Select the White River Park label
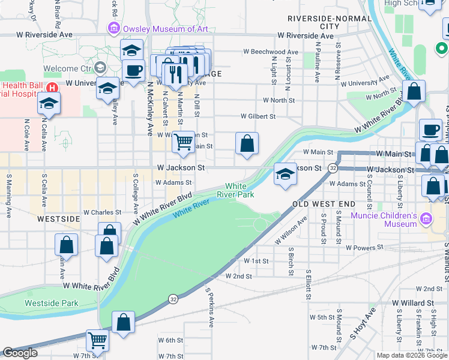point(240,190)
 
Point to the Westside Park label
point(51,303)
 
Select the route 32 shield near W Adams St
point(332,169)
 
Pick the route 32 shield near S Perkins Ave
point(173,298)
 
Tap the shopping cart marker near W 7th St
point(97,340)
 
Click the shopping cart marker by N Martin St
point(183,142)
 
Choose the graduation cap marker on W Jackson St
point(285,174)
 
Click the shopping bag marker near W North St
point(414,92)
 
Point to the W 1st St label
point(256,261)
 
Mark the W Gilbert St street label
point(258,116)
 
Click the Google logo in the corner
point(20,353)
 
